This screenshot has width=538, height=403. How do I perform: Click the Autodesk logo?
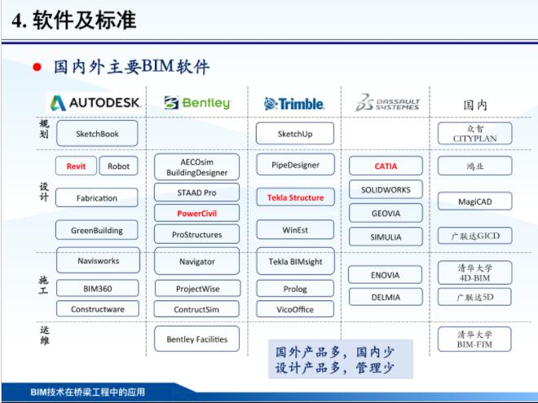95,103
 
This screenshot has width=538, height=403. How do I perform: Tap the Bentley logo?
197,104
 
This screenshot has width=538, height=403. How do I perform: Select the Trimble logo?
294,104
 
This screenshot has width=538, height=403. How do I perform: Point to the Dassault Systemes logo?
387,103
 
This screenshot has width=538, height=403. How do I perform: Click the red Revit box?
76,166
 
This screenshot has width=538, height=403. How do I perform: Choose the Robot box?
119,166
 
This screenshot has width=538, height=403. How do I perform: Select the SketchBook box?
97,133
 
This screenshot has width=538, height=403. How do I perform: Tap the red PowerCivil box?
196,213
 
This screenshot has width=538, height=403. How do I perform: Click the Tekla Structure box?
294,197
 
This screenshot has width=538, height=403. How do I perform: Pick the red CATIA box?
386,166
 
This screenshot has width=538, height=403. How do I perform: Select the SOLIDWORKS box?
386,189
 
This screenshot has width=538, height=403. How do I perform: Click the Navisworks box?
97,262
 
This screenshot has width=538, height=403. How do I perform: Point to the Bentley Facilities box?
196,339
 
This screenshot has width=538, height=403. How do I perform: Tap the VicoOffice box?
294,309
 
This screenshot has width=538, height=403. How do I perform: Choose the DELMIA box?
386,297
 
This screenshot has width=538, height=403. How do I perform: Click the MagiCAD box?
474,201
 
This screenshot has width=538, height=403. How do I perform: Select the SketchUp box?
294,133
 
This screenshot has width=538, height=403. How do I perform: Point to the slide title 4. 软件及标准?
73,20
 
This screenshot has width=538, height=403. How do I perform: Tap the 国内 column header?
474,104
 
